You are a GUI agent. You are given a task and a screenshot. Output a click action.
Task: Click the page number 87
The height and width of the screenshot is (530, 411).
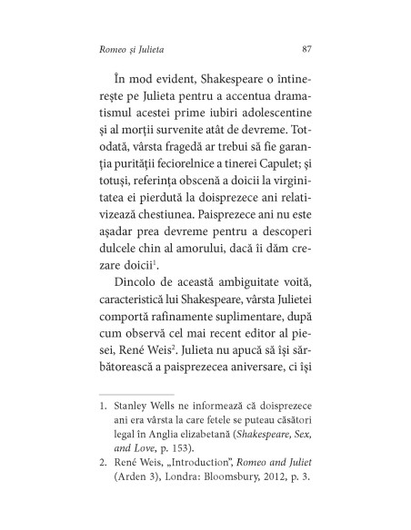pyautogui.click(x=306, y=46)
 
